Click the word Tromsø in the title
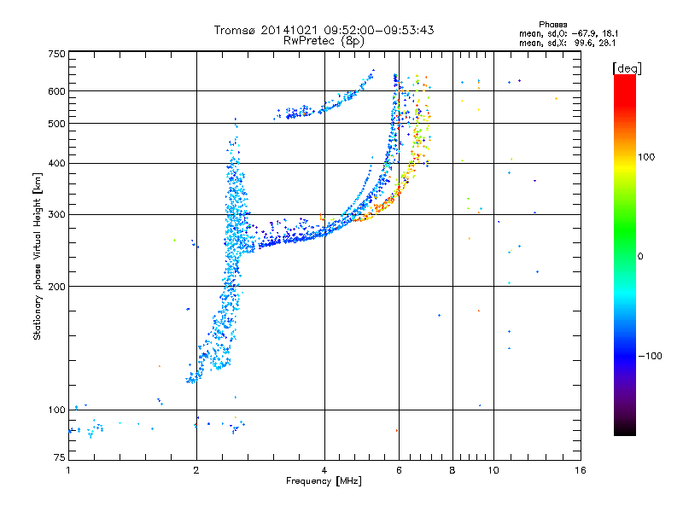click(233, 30)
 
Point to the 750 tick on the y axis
click(56, 54)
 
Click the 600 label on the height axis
click(56, 90)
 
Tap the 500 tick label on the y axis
click(56, 124)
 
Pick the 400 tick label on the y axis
click(56, 163)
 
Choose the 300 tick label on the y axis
click(56, 214)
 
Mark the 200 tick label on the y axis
click(56, 286)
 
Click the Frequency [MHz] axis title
click(324, 481)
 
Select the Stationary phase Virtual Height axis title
click(38, 256)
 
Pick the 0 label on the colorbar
click(641, 256)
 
